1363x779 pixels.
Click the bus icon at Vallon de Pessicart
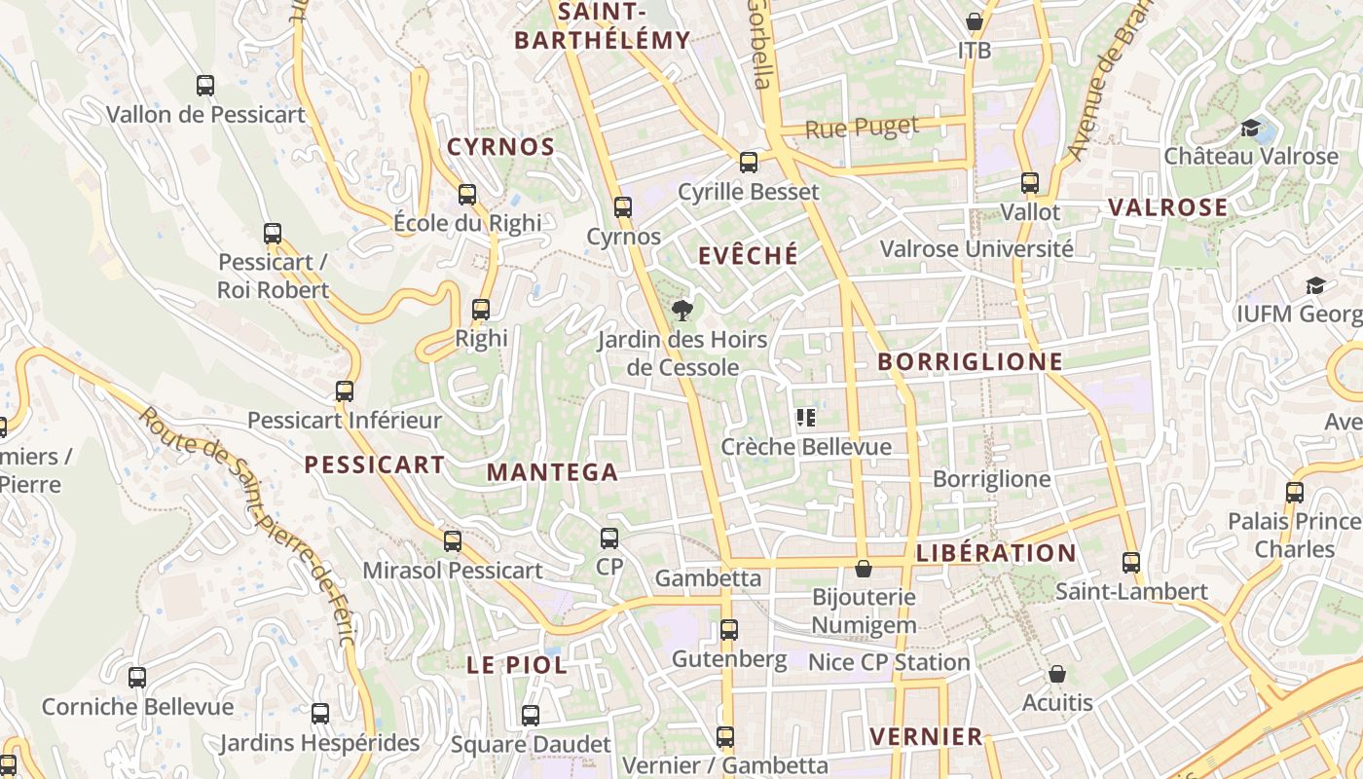pos(205,86)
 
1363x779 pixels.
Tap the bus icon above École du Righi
pos(467,194)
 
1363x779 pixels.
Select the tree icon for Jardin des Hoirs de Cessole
pos(682,311)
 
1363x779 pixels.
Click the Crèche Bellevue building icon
pos(805,418)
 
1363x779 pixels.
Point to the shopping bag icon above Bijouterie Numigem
pos(863,569)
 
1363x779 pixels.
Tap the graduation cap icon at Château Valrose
pos(1251,128)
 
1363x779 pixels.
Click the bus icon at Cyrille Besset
pos(748,163)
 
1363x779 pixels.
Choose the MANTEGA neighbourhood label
pos(552,472)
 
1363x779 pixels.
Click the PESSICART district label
pos(375,464)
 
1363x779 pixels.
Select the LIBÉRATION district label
pos(996,553)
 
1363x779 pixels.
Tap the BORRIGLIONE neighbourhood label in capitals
pos(970,361)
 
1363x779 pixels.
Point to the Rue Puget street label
pos(863,128)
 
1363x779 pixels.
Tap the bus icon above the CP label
pos(609,538)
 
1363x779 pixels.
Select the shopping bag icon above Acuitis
pos(1057,674)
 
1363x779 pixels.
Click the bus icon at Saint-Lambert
pos(1130,562)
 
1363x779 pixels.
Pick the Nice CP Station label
pos(889,662)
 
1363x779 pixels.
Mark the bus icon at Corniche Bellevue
pos(137,677)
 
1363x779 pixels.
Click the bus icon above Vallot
pos(1030,182)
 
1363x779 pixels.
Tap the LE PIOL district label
pos(516,665)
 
